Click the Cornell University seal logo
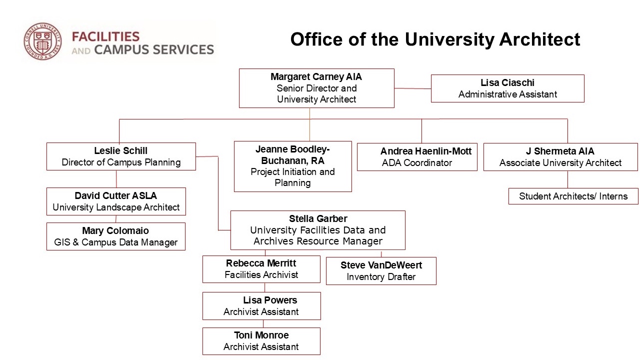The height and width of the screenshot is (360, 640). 42,42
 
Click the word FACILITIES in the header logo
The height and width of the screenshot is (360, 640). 105,36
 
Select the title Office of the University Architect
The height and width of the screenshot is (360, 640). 435,39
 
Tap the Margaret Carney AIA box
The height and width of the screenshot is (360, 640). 316,88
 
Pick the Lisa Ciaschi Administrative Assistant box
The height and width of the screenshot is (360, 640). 507,88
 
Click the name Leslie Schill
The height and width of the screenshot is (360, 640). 121,150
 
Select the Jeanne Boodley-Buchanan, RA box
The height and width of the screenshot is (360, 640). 292,166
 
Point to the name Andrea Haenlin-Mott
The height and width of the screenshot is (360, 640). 425,151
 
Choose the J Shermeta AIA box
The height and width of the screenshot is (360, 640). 560,157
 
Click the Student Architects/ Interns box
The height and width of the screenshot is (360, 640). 573,196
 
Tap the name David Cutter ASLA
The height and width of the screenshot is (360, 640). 116,195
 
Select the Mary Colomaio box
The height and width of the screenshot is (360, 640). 115,236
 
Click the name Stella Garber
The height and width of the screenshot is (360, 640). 318,218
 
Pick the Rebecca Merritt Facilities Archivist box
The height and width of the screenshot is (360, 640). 261,269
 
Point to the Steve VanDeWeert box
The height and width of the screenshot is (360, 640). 381,271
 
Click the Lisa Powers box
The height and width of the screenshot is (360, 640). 261,306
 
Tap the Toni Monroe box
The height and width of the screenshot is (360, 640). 261,341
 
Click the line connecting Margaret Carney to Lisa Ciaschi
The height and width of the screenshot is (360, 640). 412,88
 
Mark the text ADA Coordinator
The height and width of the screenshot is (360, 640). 417,163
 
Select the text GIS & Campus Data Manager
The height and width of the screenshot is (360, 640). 115,242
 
